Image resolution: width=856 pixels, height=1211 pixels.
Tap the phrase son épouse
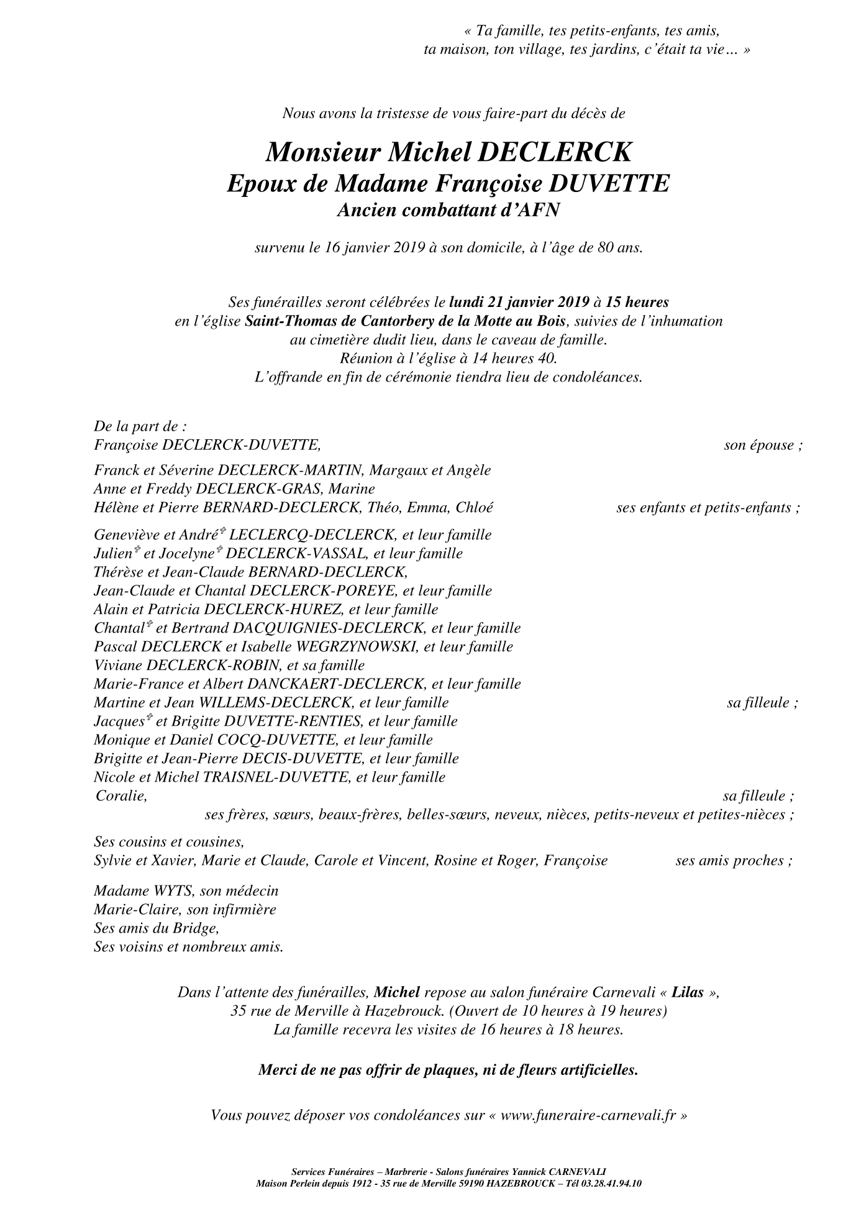[762, 446]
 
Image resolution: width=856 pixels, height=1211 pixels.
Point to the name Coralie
[121, 796]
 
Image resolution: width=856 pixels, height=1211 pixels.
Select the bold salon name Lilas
[688, 992]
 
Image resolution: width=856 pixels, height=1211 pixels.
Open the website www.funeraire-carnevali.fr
[588, 1115]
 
